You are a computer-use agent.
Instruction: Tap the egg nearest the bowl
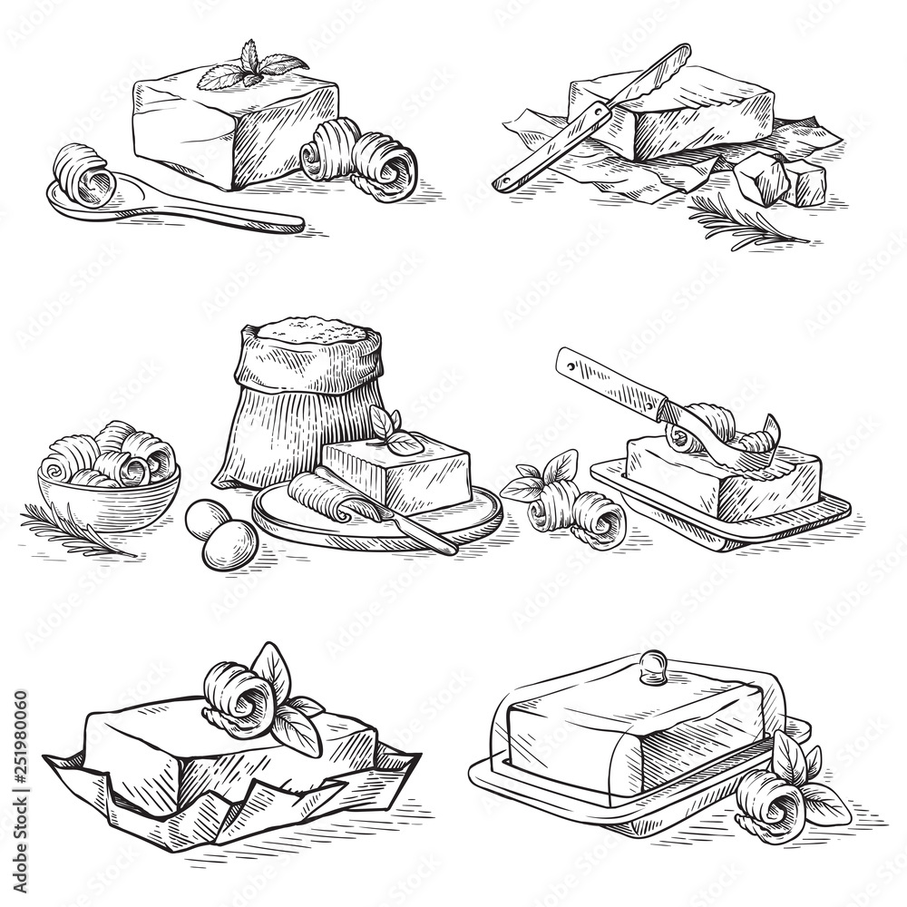208,519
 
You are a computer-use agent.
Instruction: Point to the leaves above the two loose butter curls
541,476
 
